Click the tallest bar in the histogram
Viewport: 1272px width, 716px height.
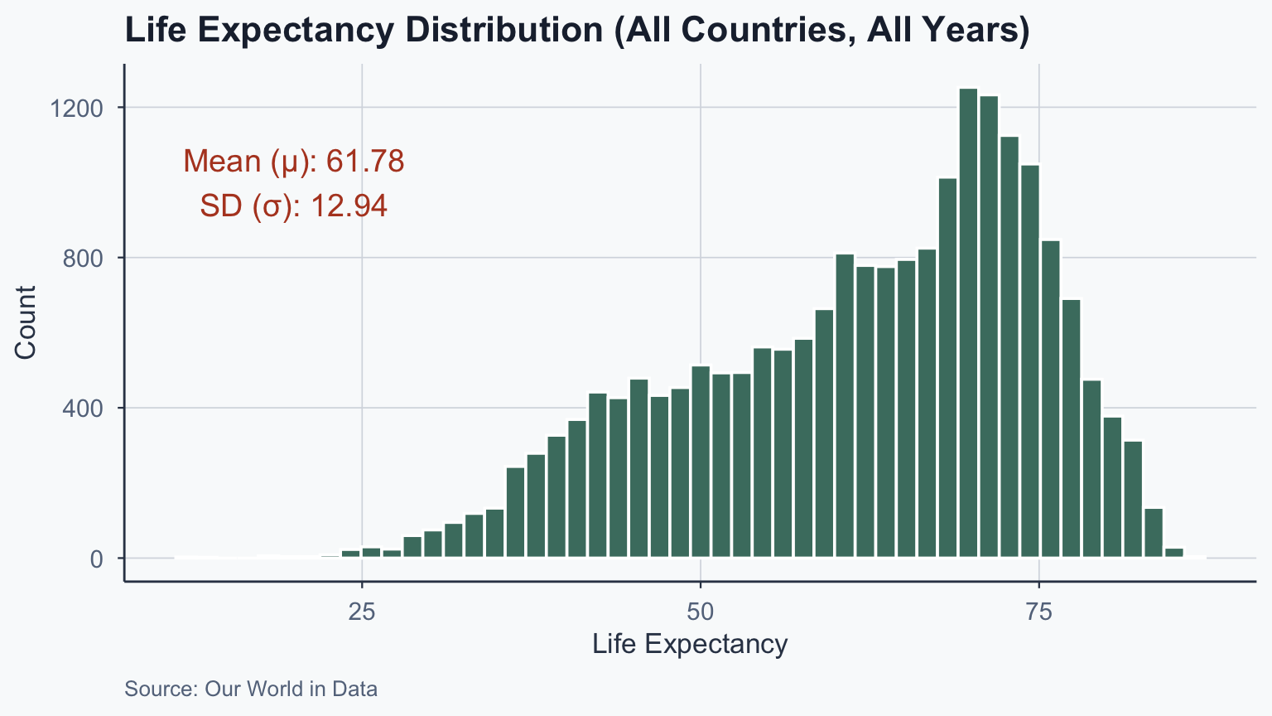[968, 323]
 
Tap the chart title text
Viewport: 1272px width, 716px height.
[576, 31]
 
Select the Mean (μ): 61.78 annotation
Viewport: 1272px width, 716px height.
[293, 161]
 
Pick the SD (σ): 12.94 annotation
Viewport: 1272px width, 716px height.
[293, 206]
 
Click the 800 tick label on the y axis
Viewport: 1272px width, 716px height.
[83, 259]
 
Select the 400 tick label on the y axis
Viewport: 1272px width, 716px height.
[83, 409]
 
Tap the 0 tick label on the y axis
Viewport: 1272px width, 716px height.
[96, 559]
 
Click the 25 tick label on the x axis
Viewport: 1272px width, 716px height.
[362, 612]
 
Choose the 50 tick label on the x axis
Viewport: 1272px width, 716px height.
[701, 612]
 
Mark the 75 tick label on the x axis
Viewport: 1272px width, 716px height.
[1038, 612]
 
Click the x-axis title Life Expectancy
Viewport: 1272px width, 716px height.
[690, 644]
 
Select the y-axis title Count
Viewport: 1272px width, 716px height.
[26, 322]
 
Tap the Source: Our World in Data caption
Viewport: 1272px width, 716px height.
[251, 689]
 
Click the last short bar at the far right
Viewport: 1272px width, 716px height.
[1173, 553]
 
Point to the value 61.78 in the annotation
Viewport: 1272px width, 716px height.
[365, 161]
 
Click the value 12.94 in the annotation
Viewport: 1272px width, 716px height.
[349, 206]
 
